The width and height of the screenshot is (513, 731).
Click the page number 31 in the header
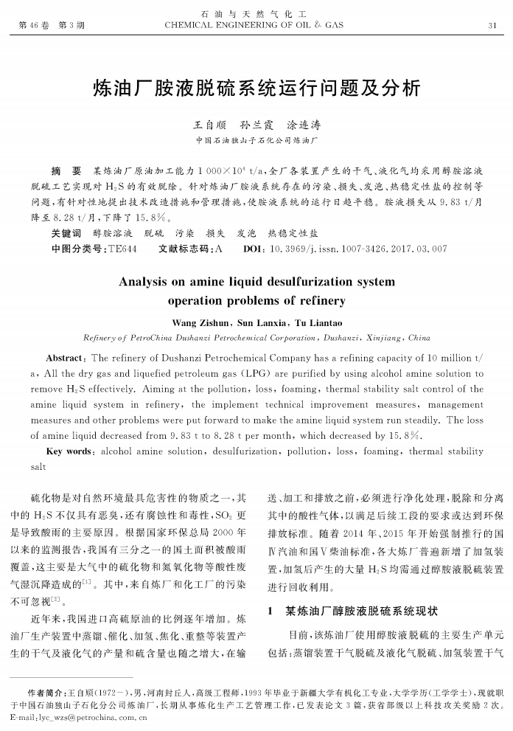pyautogui.click(x=492, y=26)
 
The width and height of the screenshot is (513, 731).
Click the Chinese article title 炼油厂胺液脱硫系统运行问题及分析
pyautogui.click(x=256, y=89)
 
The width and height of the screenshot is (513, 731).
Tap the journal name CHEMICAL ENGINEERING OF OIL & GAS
pyautogui.click(x=254, y=26)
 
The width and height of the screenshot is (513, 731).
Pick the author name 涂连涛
pyautogui.click(x=303, y=125)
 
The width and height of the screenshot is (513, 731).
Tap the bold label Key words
pyautogui.click(x=69, y=451)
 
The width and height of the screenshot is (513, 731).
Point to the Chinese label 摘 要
pyautogui.click(x=66, y=171)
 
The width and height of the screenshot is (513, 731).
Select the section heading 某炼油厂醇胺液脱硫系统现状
pyautogui.click(x=361, y=612)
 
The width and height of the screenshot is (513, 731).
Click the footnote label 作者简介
pyautogui.click(x=46, y=693)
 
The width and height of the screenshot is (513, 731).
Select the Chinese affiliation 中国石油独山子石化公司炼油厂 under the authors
pyautogui.click(x=256, y=140)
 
